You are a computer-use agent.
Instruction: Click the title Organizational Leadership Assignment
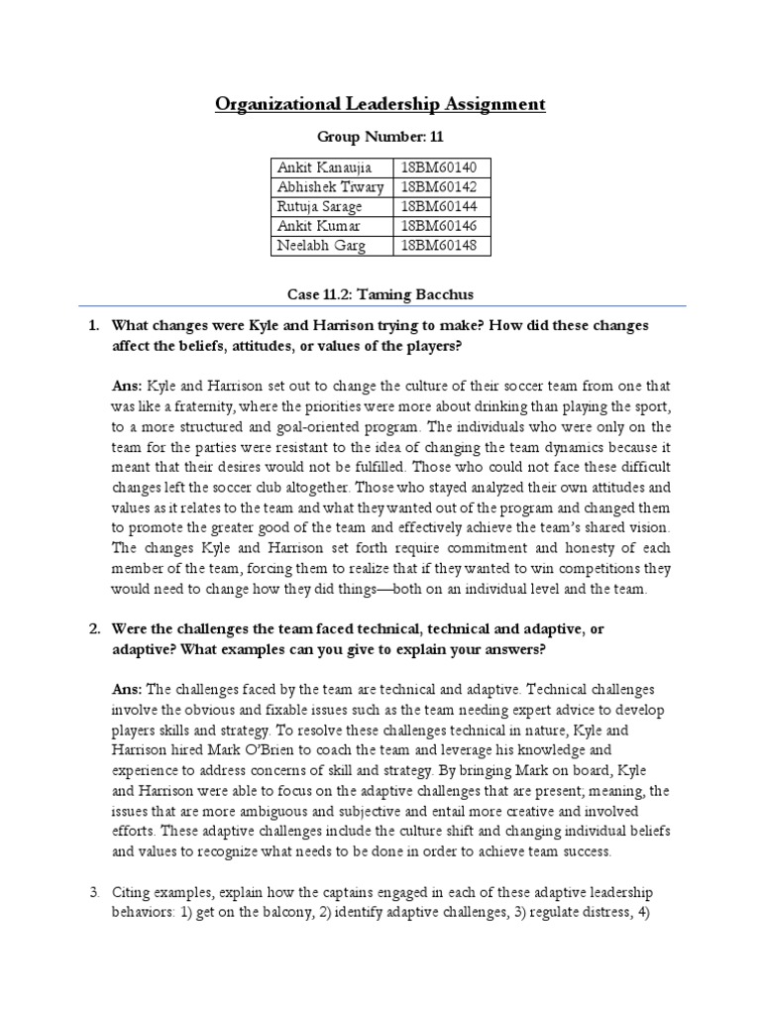[380, 104]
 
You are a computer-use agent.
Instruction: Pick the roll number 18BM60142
[435, 186]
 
